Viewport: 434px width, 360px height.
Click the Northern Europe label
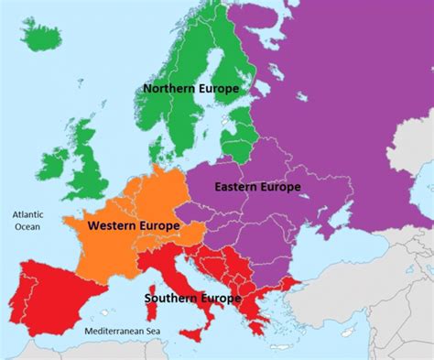tap(190, 89)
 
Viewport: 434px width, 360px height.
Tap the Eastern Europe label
tap(257, 187)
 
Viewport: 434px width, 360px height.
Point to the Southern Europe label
tap(192, 298)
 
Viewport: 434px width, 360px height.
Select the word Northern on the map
tap(168, 89)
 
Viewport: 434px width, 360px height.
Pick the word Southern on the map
tap(171, 298)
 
